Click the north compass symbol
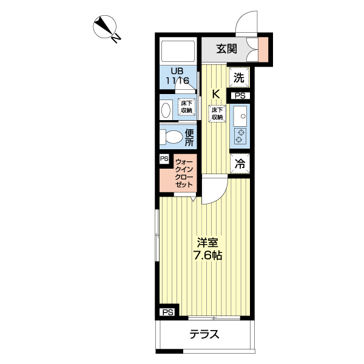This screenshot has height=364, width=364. point(105,27)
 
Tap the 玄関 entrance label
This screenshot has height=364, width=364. point(227,49)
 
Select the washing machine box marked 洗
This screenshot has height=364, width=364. point(239,78)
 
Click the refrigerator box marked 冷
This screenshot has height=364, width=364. point(240,164)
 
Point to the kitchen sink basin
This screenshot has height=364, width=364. point(240,116)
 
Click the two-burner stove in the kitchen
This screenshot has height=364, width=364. point(240,136)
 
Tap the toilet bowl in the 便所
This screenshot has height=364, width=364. point(171,136)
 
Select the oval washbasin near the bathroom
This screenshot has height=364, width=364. point(166,110)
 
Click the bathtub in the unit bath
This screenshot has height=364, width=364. point(178,52)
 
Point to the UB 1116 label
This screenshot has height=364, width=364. point(177,76)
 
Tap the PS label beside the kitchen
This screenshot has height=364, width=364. point(240,96)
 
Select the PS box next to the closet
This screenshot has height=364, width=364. point(164,159)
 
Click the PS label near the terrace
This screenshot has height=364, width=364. point(168,312)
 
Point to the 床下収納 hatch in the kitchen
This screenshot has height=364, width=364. point(217,113)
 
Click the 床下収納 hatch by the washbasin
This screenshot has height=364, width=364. point(186,107)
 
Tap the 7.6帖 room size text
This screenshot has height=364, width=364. point(208,255)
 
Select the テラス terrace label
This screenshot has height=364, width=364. point(204,334)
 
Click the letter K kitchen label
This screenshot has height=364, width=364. point(216,94)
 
